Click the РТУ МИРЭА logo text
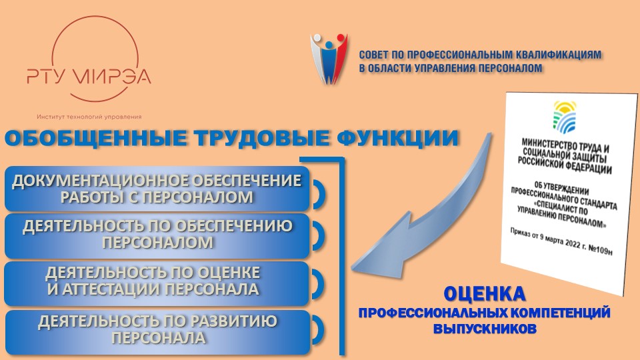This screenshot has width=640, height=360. [89, 76]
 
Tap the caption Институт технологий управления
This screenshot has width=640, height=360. [89, 117]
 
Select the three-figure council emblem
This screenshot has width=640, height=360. [329, 59]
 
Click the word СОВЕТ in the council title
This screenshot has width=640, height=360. [373, 55]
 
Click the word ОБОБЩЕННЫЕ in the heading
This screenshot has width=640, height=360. [95, 138]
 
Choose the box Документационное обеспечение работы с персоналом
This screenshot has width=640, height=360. [157, 189]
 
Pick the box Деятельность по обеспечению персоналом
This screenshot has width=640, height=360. [157, 235]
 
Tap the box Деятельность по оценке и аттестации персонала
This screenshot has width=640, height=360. [157, 283]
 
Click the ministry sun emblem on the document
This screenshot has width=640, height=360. [564, 117]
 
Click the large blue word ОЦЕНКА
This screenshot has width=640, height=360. [485, 294]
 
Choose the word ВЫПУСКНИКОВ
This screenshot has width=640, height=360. [485, 329]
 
